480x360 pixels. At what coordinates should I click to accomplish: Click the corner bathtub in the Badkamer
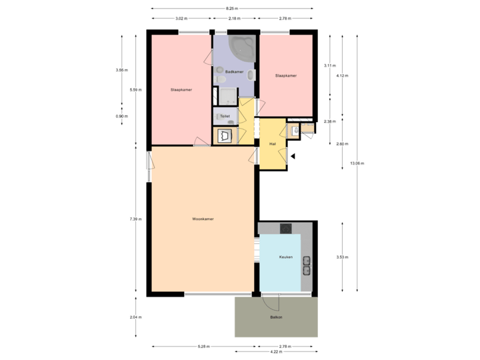tap(239, 49)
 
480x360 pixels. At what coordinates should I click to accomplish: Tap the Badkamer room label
tap(233, 71)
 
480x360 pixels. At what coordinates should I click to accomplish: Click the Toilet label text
tap(225, 117)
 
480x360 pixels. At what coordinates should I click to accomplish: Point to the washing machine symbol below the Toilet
tap(225, 136)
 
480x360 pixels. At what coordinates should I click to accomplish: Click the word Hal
tap(273, 143)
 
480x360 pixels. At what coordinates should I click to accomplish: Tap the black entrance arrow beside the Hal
tap(292, 156)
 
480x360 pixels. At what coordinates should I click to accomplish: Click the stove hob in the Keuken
tap(286, 228)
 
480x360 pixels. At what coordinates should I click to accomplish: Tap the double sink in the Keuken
tap(307, 265)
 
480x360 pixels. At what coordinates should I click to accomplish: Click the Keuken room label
tap(286, 257)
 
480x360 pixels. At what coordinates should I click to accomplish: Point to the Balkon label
tap(276, 317)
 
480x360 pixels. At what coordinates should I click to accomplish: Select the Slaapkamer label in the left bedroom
tap(181, 89)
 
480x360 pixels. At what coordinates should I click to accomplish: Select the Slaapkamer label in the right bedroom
tap(285, 76)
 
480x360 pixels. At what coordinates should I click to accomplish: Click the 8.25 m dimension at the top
tap(232, 9)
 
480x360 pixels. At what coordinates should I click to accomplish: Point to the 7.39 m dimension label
tap(135, 219)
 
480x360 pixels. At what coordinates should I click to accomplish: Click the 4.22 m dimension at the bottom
tap(274, 351)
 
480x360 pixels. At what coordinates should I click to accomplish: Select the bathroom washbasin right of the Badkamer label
tap(251, 75)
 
